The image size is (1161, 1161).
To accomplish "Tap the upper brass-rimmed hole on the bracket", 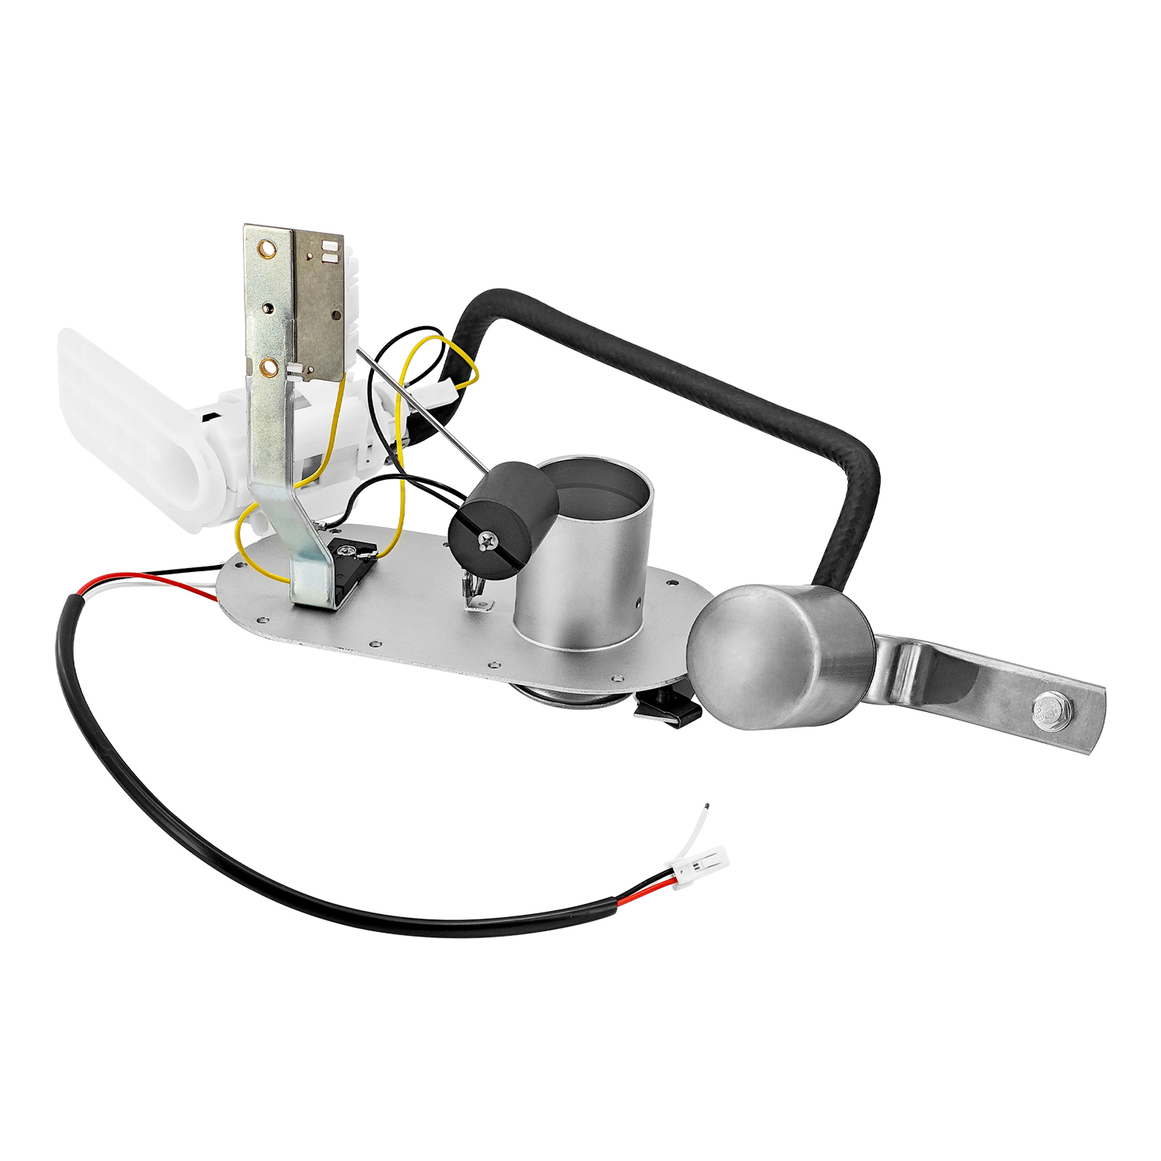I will point(268,249).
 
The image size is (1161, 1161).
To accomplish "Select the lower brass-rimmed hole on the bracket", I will point(269,365).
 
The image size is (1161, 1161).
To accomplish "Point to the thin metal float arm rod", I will point(418,406).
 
